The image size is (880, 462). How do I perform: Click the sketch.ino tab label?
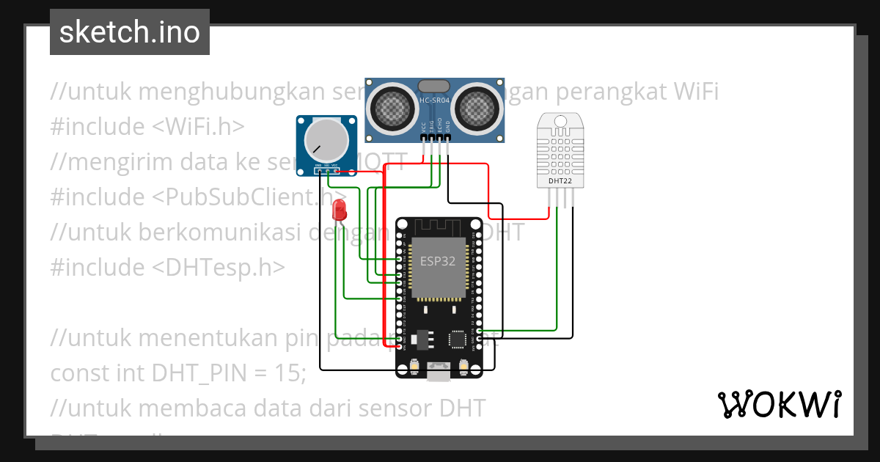(x=129, y=32)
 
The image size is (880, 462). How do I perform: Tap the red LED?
(x=339, y=210)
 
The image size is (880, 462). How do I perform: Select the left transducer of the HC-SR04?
(x=395, y=108)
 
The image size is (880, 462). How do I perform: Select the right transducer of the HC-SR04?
(x=474, y=108)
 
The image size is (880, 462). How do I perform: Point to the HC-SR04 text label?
(x=434, y=100)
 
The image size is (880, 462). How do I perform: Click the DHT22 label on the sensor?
(x=560, y=180)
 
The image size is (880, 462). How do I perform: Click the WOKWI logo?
(x=779, y=403)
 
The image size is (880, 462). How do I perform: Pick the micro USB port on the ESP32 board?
(x=439, y=375)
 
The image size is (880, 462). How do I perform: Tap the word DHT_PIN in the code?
(x=196, y=373)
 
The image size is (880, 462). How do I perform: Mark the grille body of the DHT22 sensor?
(x=560, y=147)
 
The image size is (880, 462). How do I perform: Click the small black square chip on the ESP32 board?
(x=458, y=339)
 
